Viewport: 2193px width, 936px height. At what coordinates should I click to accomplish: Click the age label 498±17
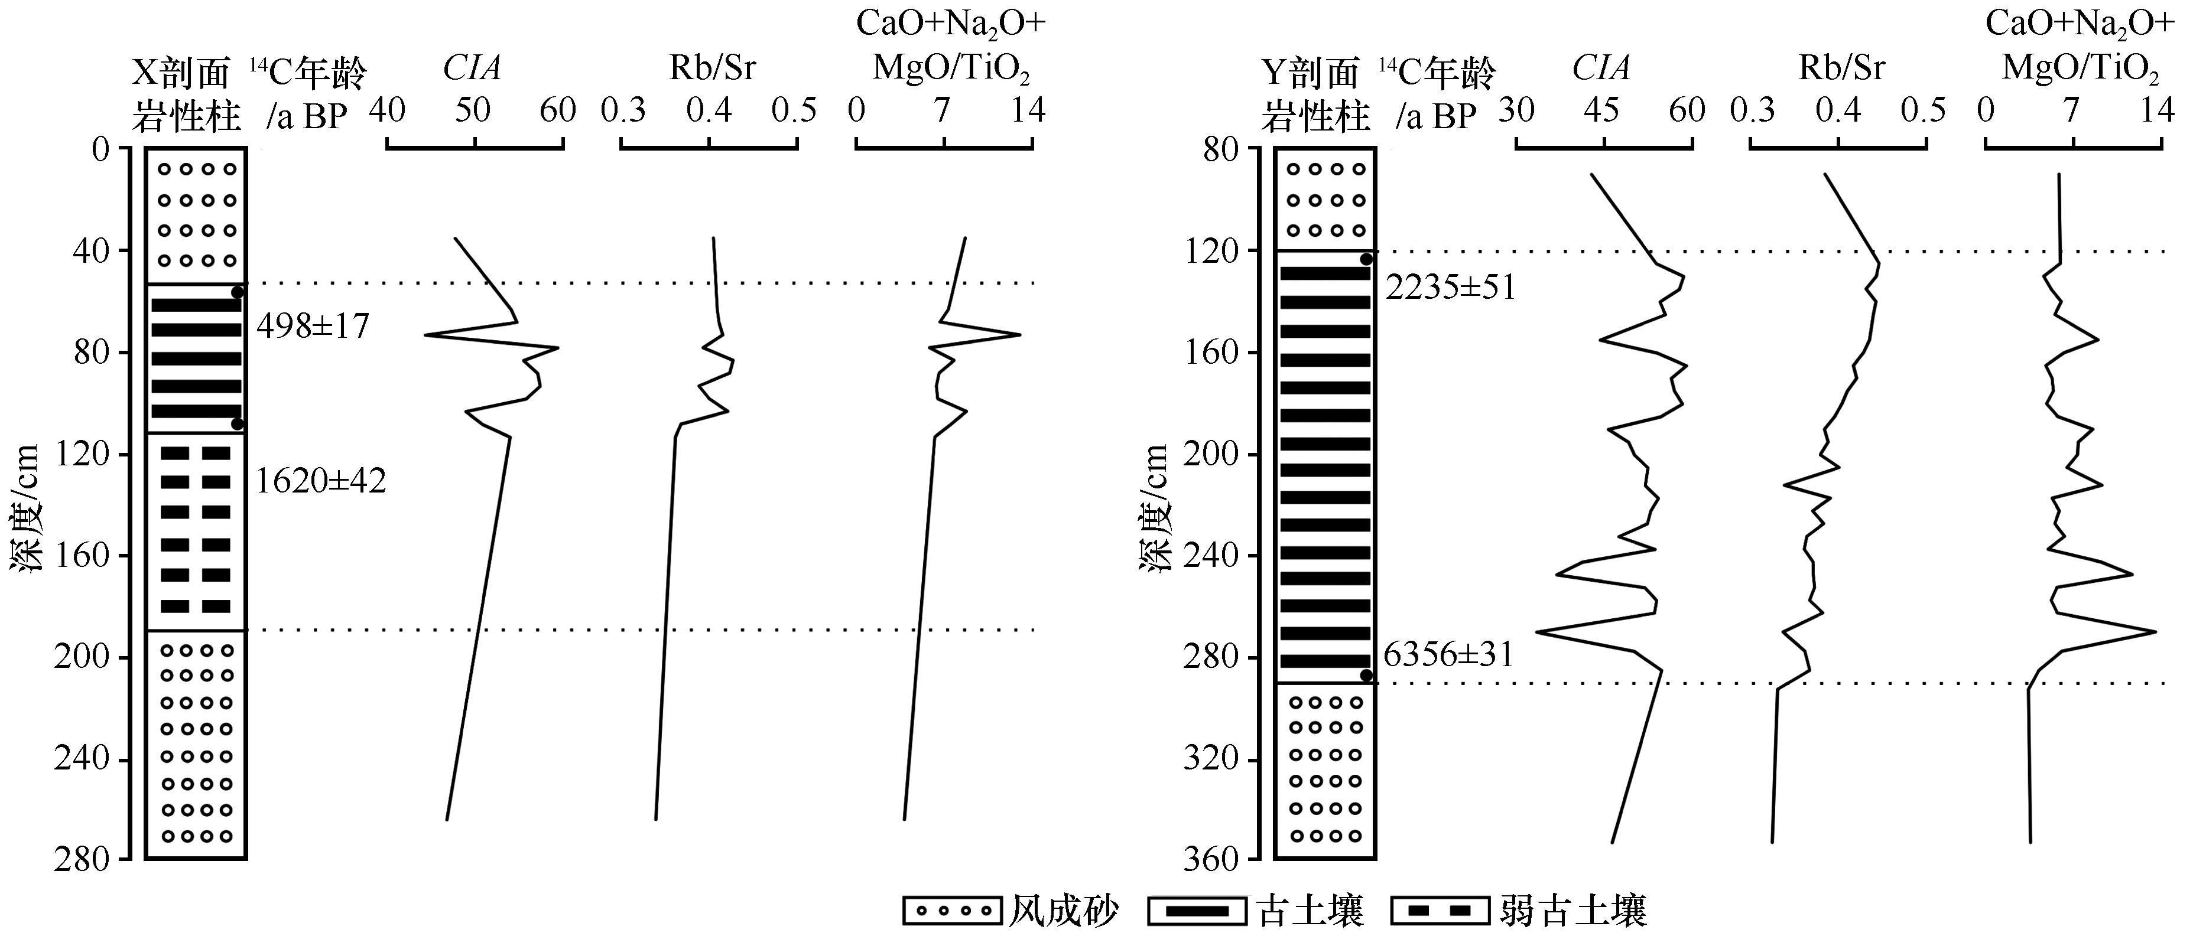click(x=313, y=326)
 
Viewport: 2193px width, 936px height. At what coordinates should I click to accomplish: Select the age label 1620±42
click(x=321, y=482)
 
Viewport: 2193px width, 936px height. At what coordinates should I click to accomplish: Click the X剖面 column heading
click(x=181, y=73)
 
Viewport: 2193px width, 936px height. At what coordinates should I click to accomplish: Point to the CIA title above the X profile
click(x=472, y=68)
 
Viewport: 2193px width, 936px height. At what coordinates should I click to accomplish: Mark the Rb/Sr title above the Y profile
click(x=1842, y=68)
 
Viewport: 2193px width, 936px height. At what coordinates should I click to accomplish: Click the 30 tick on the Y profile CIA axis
click(x=1516, y=110)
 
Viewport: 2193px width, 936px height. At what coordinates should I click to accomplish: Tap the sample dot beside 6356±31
click(x=1366, y=676)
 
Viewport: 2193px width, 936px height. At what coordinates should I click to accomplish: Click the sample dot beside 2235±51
click(x=1366, y=259)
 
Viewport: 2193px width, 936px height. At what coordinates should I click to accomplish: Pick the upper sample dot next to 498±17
click(x=238, y=292)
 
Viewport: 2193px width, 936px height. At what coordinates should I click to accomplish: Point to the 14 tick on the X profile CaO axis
click(x=1028, y=110)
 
